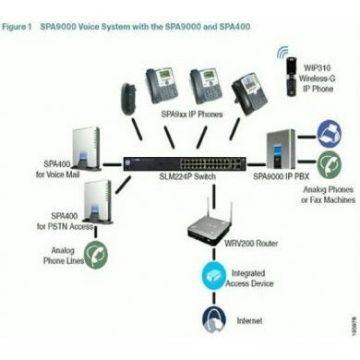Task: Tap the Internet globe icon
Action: tap(211, 318)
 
